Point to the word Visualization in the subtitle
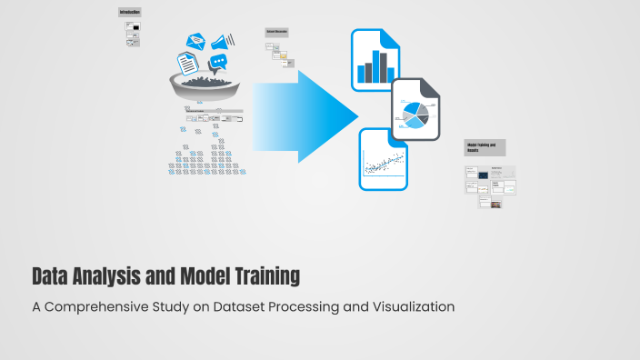click(405, 306)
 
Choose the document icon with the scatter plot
click(384, 159)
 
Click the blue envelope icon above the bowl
click(195, 41)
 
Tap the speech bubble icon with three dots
click(218, 63)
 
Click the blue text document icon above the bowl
click(187, 63)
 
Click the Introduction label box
click(130, 12)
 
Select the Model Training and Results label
click(484, 146)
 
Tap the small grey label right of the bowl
click(276, 32)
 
